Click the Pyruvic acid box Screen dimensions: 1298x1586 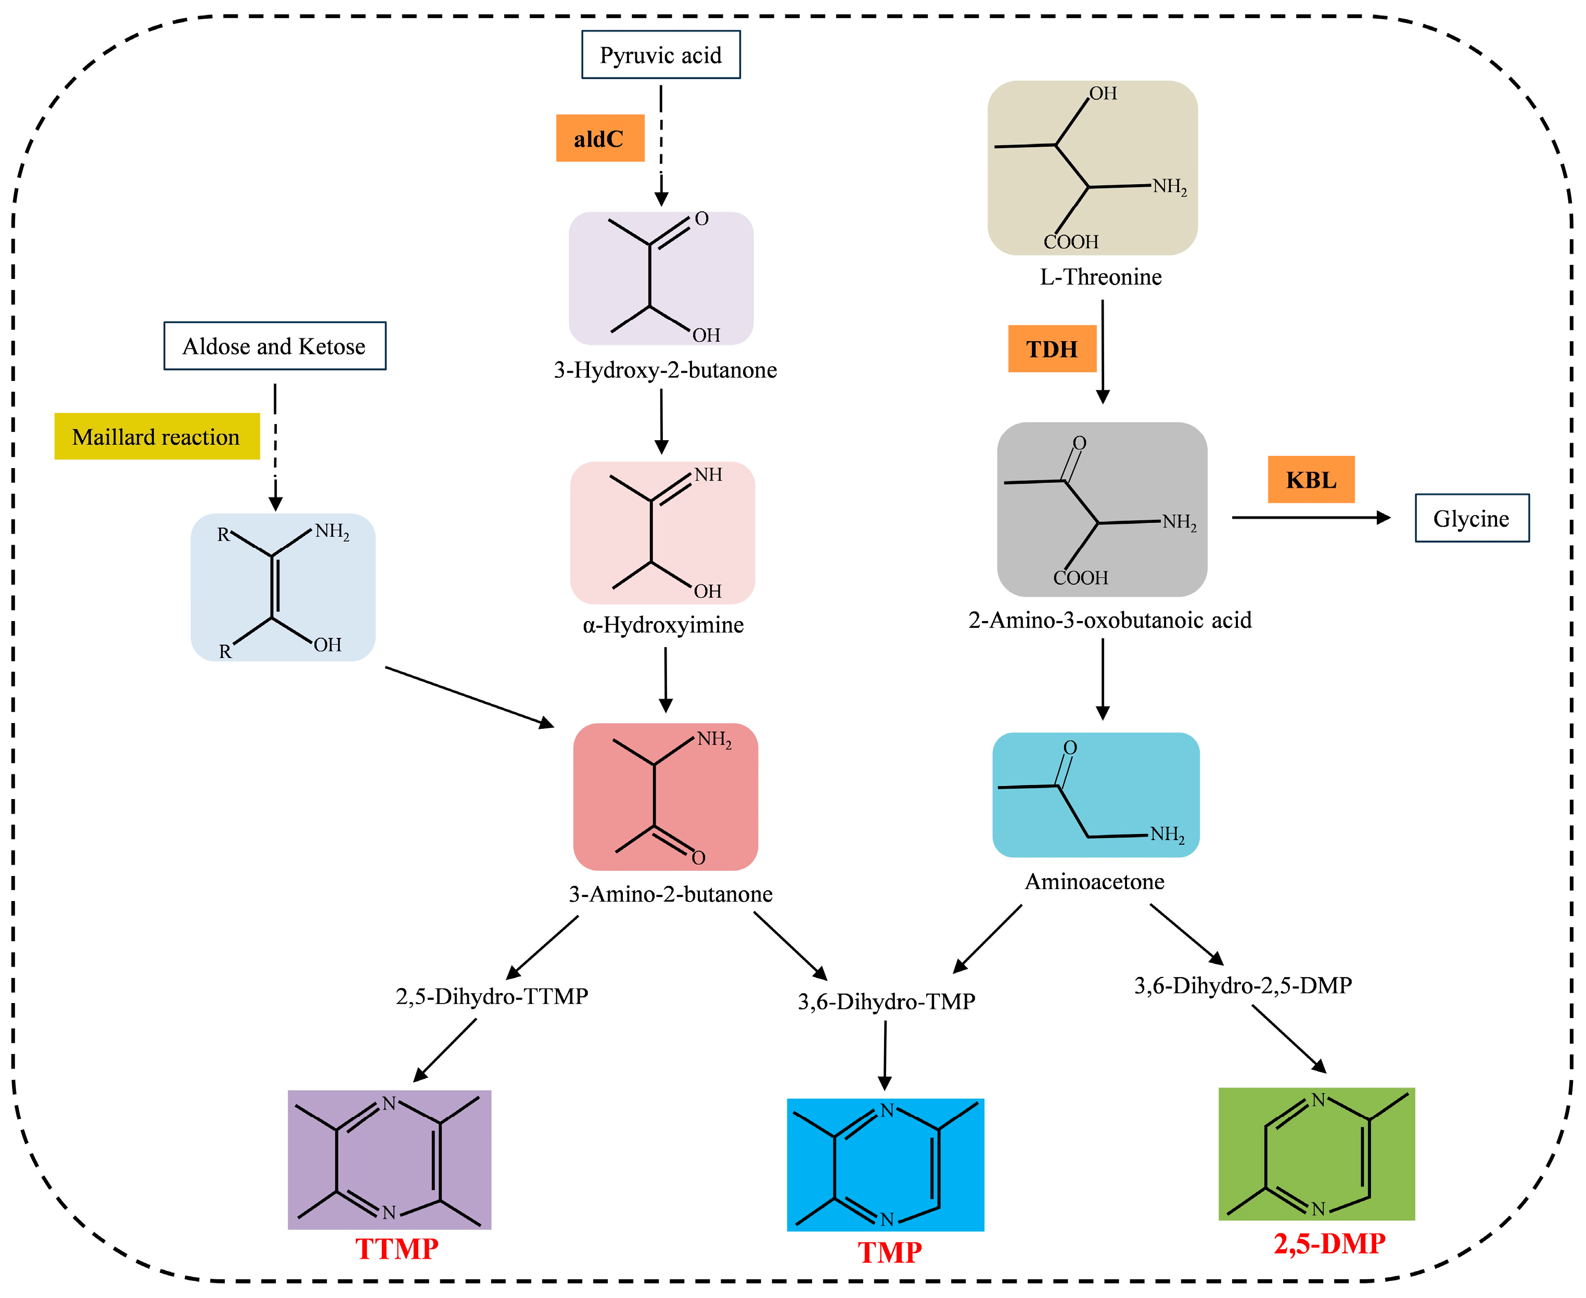pyautogui.click(x=660, y=55)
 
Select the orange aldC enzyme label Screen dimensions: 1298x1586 pyautogui.click(x=600, y=138)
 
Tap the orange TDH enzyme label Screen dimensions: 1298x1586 pyautogui.click(x=1052, y=349)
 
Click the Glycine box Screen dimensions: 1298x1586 pyautogui.click(x=1471, y=518)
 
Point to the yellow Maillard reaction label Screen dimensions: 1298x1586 pyautogui.click(x=156, y=436)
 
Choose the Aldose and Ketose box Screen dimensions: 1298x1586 pyautogui.click(x=274, y=346)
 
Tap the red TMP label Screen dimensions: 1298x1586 pyautogui.click(x=889, y=1252)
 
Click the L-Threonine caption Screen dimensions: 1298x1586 pyautogui.click(x=1100, y=277)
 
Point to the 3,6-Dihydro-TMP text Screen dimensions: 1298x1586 pyautogui.click(x=886, y=1001)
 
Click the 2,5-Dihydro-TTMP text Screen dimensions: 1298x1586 pyautogui.click(x=491, y=996)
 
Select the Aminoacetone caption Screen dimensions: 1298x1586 pyautogui.click(x=1094, y=881)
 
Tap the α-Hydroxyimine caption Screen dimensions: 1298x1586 pyautogui.click(x=662, y=624)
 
